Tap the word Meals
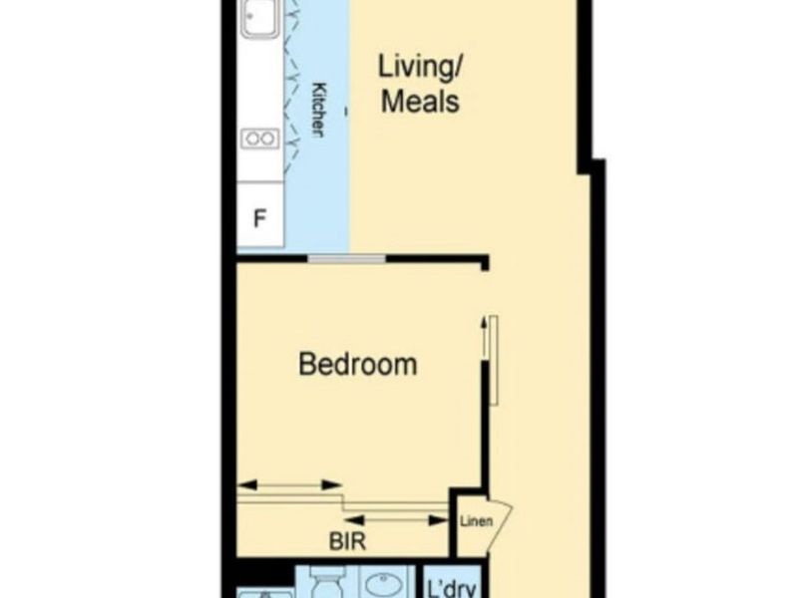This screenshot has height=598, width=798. point(420,102)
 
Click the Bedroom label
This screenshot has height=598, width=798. point(358,364)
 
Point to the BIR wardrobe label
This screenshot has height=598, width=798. point(347,541)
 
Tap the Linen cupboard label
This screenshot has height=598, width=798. point(477,521)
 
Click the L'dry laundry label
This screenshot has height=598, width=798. point(452,588)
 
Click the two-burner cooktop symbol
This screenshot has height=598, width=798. point(260,139)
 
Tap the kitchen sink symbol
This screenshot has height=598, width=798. point(260,19)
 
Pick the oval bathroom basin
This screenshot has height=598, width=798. point(387,585)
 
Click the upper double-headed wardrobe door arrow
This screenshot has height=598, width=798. point(289,485)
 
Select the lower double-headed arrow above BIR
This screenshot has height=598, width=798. point(396,520)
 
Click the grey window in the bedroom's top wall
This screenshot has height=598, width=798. point(347,259)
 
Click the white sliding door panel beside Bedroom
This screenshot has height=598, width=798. point(494,360)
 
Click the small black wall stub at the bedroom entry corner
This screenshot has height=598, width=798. point(485,263)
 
